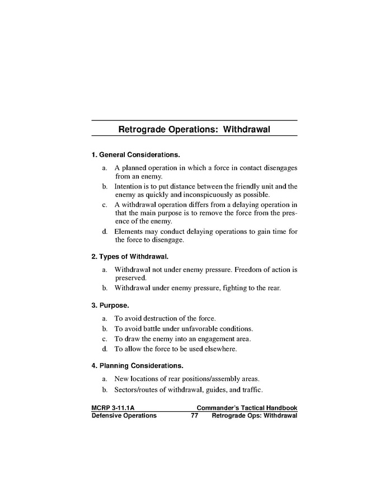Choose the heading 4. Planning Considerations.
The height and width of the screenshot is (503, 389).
pos(137,366)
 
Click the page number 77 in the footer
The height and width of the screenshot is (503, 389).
pos(195,416)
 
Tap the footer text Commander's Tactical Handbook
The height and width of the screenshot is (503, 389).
pos(247,408)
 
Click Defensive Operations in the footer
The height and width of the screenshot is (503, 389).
pos(124,416)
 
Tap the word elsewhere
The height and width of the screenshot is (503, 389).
pos(221,349)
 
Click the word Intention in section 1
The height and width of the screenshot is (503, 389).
pos(129,186)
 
